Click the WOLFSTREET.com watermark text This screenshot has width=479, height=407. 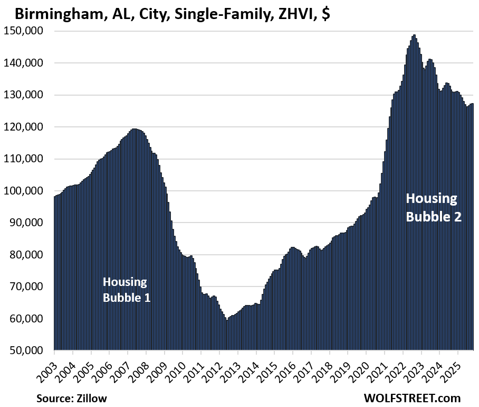412,397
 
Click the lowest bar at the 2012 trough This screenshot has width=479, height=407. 227,335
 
